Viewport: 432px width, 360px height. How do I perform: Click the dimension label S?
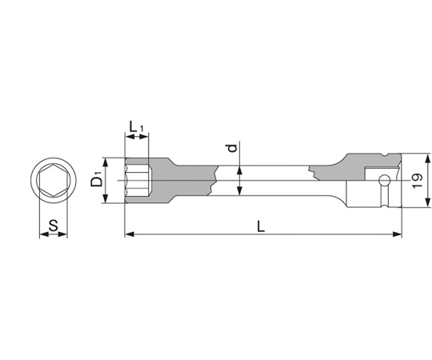[x=54, y=225]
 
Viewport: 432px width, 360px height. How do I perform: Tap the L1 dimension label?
[x=136, y=127]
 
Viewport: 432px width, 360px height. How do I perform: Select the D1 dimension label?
[x=97, y=179]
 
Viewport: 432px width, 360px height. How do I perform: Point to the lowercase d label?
[x=233, y=148]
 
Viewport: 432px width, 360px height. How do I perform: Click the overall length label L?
[x=261, y=226]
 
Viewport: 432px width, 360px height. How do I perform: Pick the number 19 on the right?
[x=418, y=181]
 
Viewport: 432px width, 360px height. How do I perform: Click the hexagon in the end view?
[x=54, y=181]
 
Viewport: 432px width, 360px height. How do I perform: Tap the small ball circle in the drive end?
[x=384, y=181]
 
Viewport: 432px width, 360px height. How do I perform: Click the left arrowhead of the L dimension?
[x=130, y=234]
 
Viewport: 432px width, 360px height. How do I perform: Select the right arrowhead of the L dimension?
[x=397, y=234]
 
